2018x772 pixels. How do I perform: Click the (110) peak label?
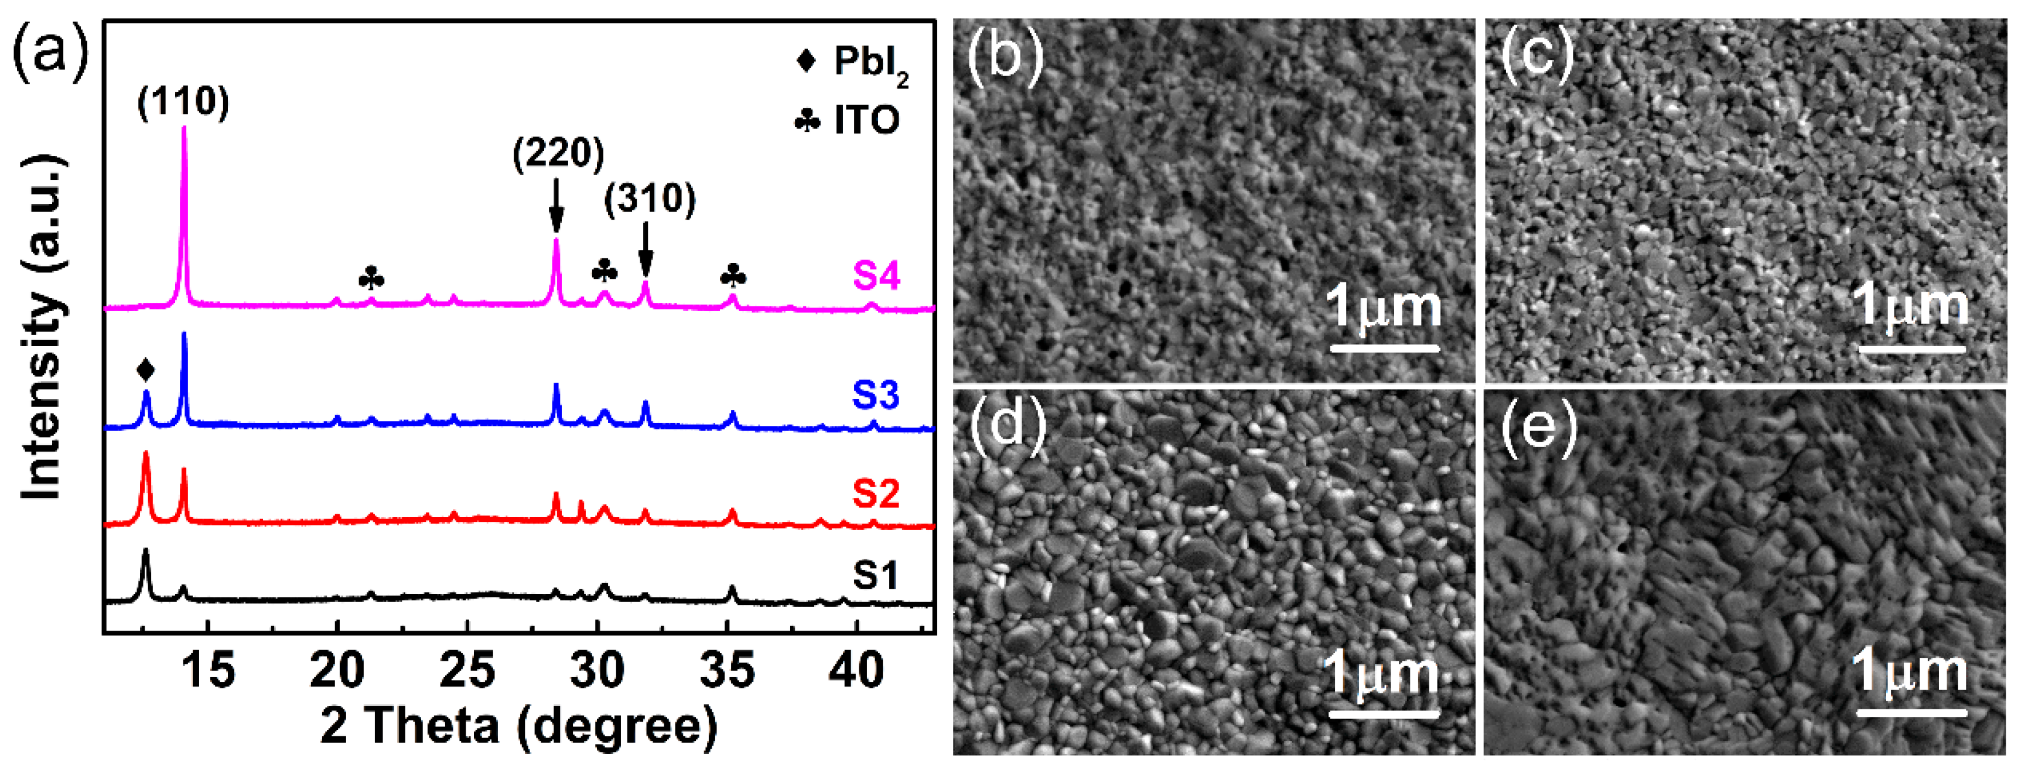click(x=183, y=102)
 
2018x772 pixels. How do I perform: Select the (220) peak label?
click(x=558, y=153)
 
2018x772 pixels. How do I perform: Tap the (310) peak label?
click(x=650, y=199)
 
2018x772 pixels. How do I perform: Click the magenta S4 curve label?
click(x=876, y=276)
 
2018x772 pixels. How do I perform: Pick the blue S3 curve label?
click(x=875, y=395)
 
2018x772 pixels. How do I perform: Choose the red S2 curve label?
click(x=875, y=493)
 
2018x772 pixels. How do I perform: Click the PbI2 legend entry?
click(x=852, y=63)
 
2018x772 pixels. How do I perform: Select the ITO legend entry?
click(x=848, y=120)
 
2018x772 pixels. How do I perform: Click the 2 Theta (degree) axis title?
click(x=518, y=725)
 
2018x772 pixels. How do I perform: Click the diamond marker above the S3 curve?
click(x=145, y=370)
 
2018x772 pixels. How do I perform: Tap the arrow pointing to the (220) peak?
click(x=556, y=205)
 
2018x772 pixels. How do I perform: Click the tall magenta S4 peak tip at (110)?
click(x=184, y=130)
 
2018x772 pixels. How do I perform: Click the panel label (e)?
click(x=1538, y=428)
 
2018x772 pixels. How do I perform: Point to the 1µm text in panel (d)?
click(x=1380, y=674)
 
